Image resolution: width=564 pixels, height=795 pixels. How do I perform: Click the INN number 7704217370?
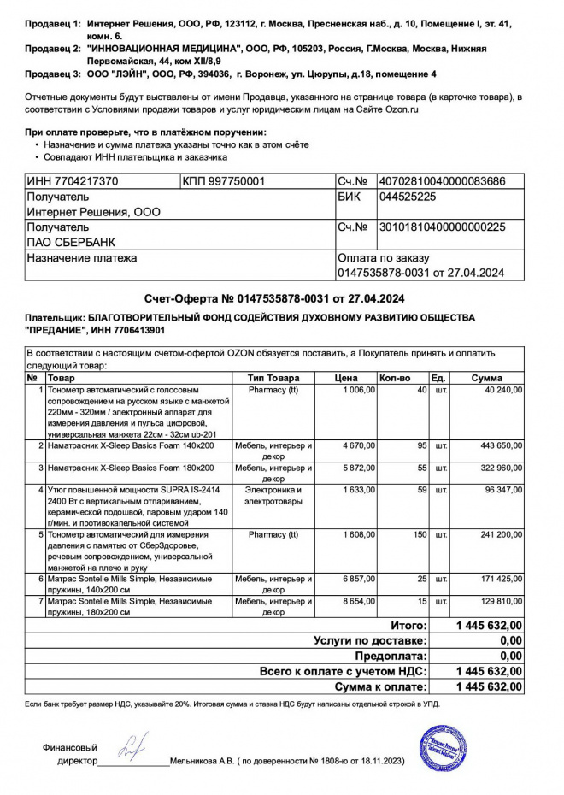coord(73,181)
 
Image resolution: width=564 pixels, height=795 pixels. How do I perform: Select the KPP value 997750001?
coord(224,181)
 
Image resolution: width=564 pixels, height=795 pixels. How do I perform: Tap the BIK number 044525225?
coord(407,197)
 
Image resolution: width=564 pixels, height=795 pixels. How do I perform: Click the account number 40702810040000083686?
coord(442,181)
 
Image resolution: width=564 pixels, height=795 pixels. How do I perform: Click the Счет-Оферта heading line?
coord(274,298)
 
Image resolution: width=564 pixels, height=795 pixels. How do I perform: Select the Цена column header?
coord(345,378)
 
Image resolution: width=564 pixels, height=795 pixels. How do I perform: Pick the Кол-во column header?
coord(395,378)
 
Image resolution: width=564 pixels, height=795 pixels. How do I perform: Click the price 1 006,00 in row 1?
coord(359,390)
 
